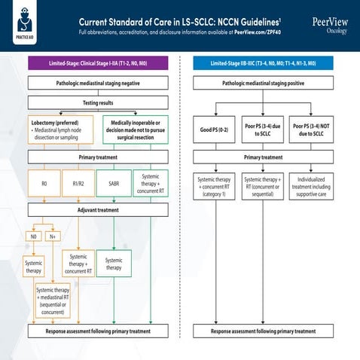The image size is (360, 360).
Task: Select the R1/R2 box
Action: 78,183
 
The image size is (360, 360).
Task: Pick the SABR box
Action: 114,183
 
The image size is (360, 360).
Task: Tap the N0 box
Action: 32,236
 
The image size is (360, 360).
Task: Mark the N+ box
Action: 52,236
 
